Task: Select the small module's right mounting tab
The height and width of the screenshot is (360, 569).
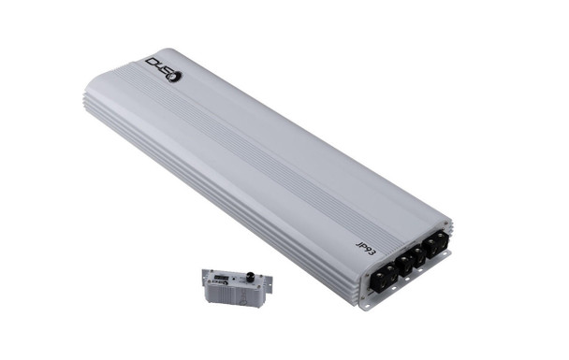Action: (x=269, y=279)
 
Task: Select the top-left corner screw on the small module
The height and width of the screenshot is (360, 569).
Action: (x=208, y=271)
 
